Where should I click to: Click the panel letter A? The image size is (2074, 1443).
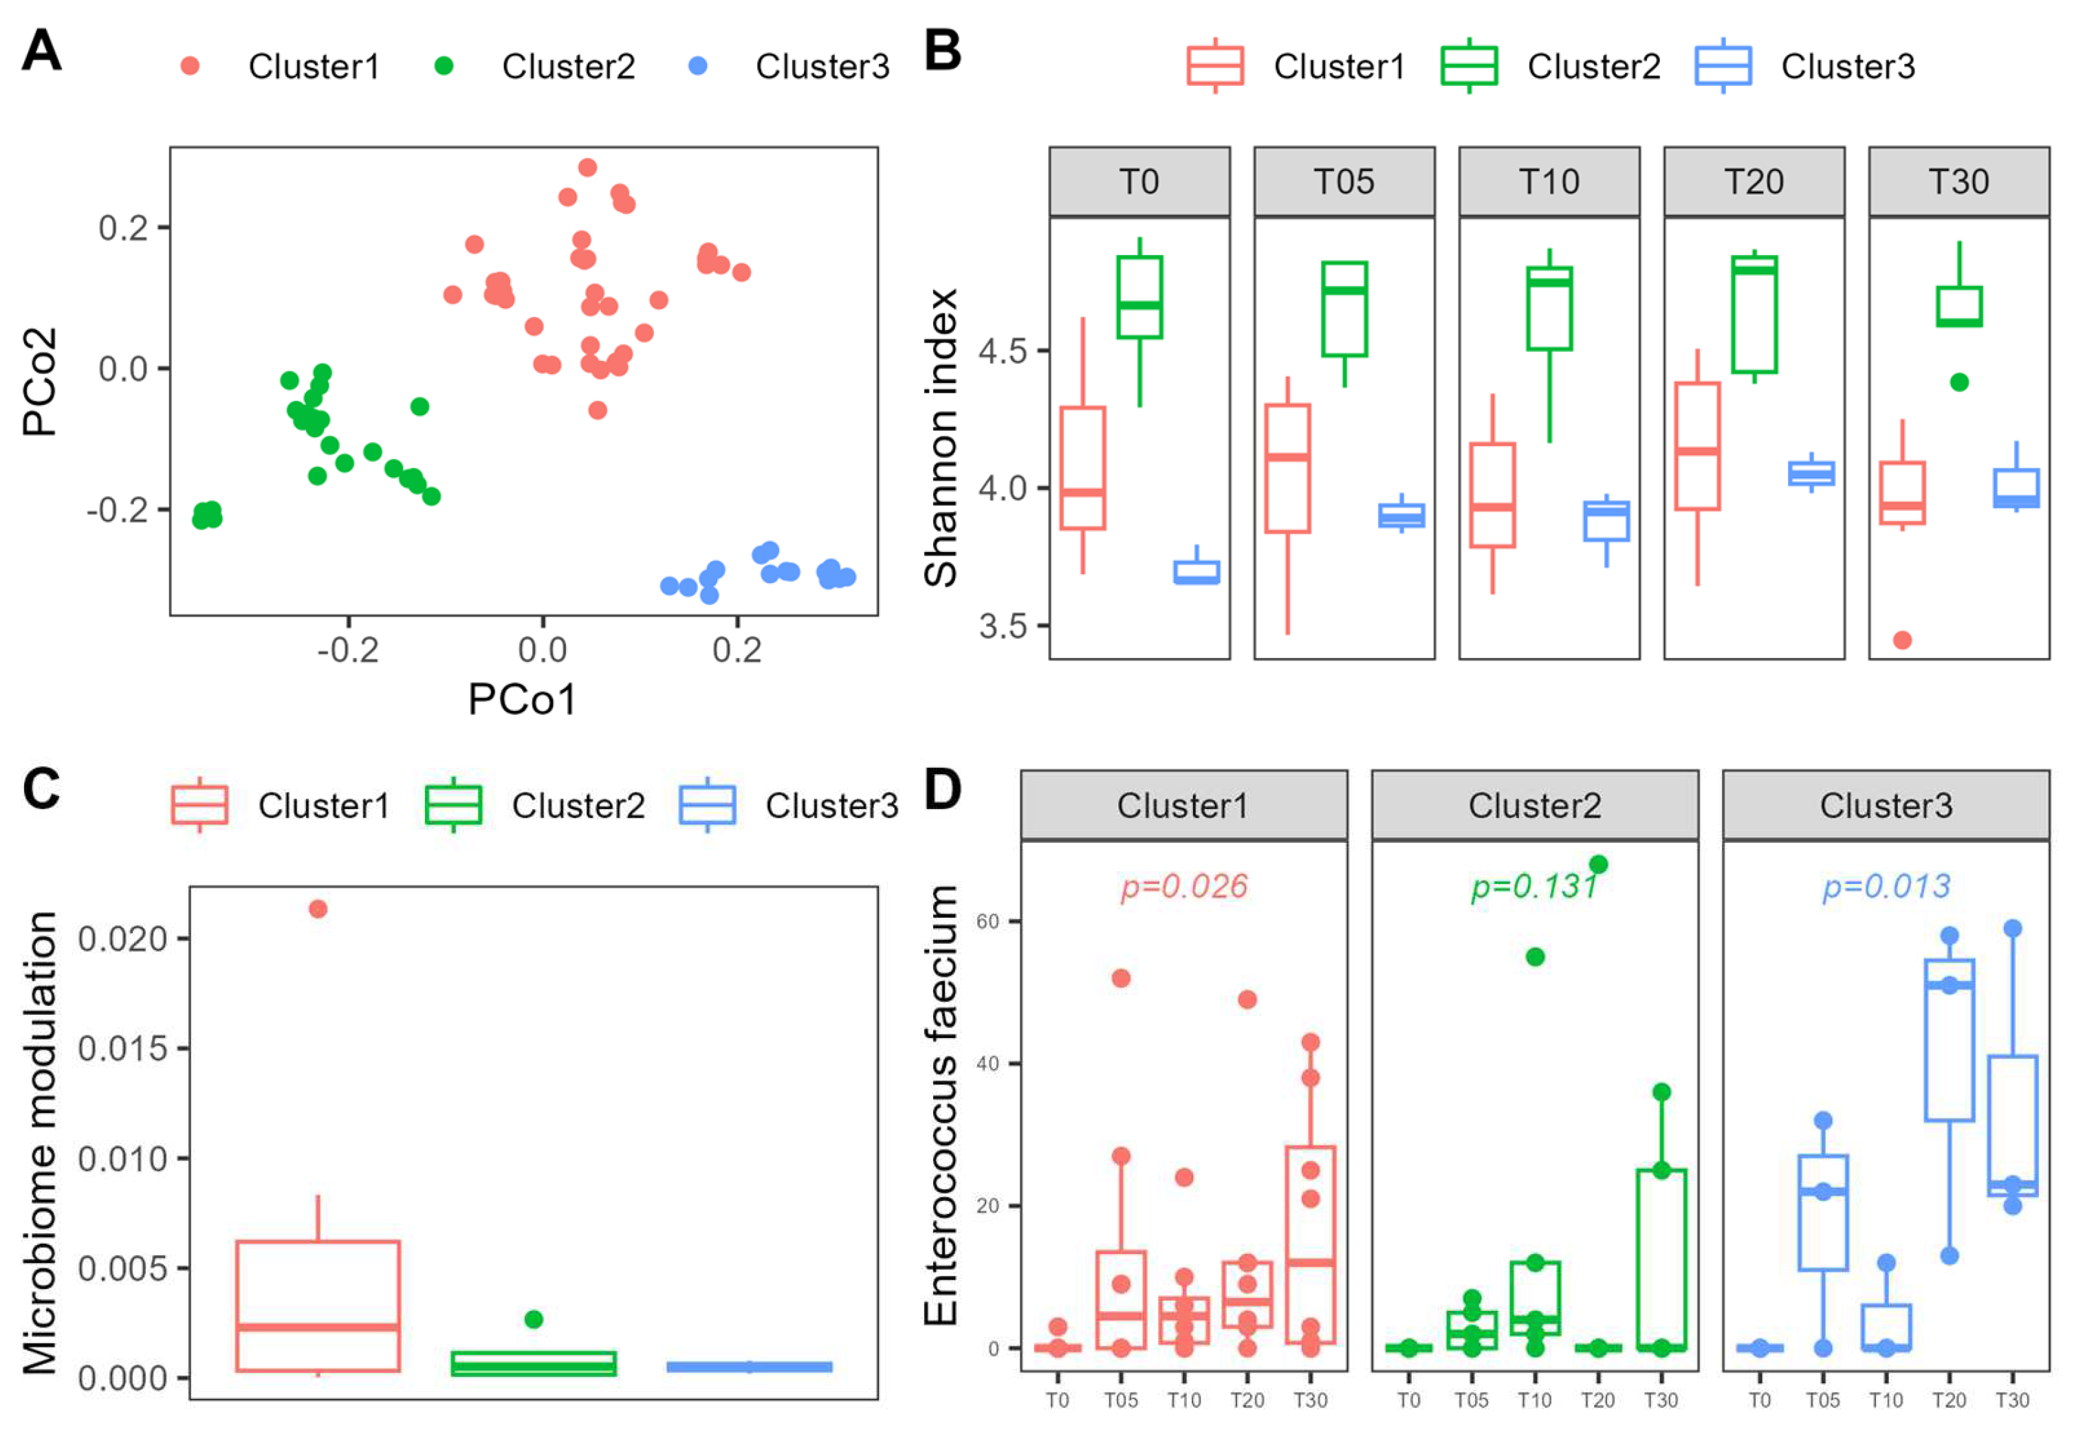(x=41, y=51)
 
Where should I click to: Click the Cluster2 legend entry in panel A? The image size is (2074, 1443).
(x=567, y=66)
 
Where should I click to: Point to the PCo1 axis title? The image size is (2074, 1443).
(x=522, y=699)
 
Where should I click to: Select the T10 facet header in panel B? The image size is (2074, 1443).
(x=1548, y=181)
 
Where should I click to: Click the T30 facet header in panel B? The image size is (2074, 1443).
(x=1958, y=181)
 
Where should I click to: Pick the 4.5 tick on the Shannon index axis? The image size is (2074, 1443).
(x=1003, y=351)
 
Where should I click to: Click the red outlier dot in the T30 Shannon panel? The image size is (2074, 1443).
(x=1902, y=640)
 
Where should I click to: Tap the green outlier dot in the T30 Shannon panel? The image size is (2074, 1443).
(x=1959, y=382)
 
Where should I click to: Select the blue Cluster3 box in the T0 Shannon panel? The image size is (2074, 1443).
(x=1197, y=573)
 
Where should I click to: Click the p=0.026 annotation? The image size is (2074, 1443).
(x=1184, y=886)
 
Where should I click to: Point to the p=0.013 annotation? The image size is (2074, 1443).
(x=1886, y=886)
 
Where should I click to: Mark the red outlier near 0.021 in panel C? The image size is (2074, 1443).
(x=318, y=908)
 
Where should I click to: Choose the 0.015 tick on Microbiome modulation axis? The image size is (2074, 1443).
(x=123, y=1048)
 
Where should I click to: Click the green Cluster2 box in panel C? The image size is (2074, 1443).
(x=533, y=1363)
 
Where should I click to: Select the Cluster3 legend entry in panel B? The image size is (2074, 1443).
(x=1847, y=66)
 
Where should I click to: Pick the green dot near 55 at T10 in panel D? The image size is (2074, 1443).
(x=1535, y=956)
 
